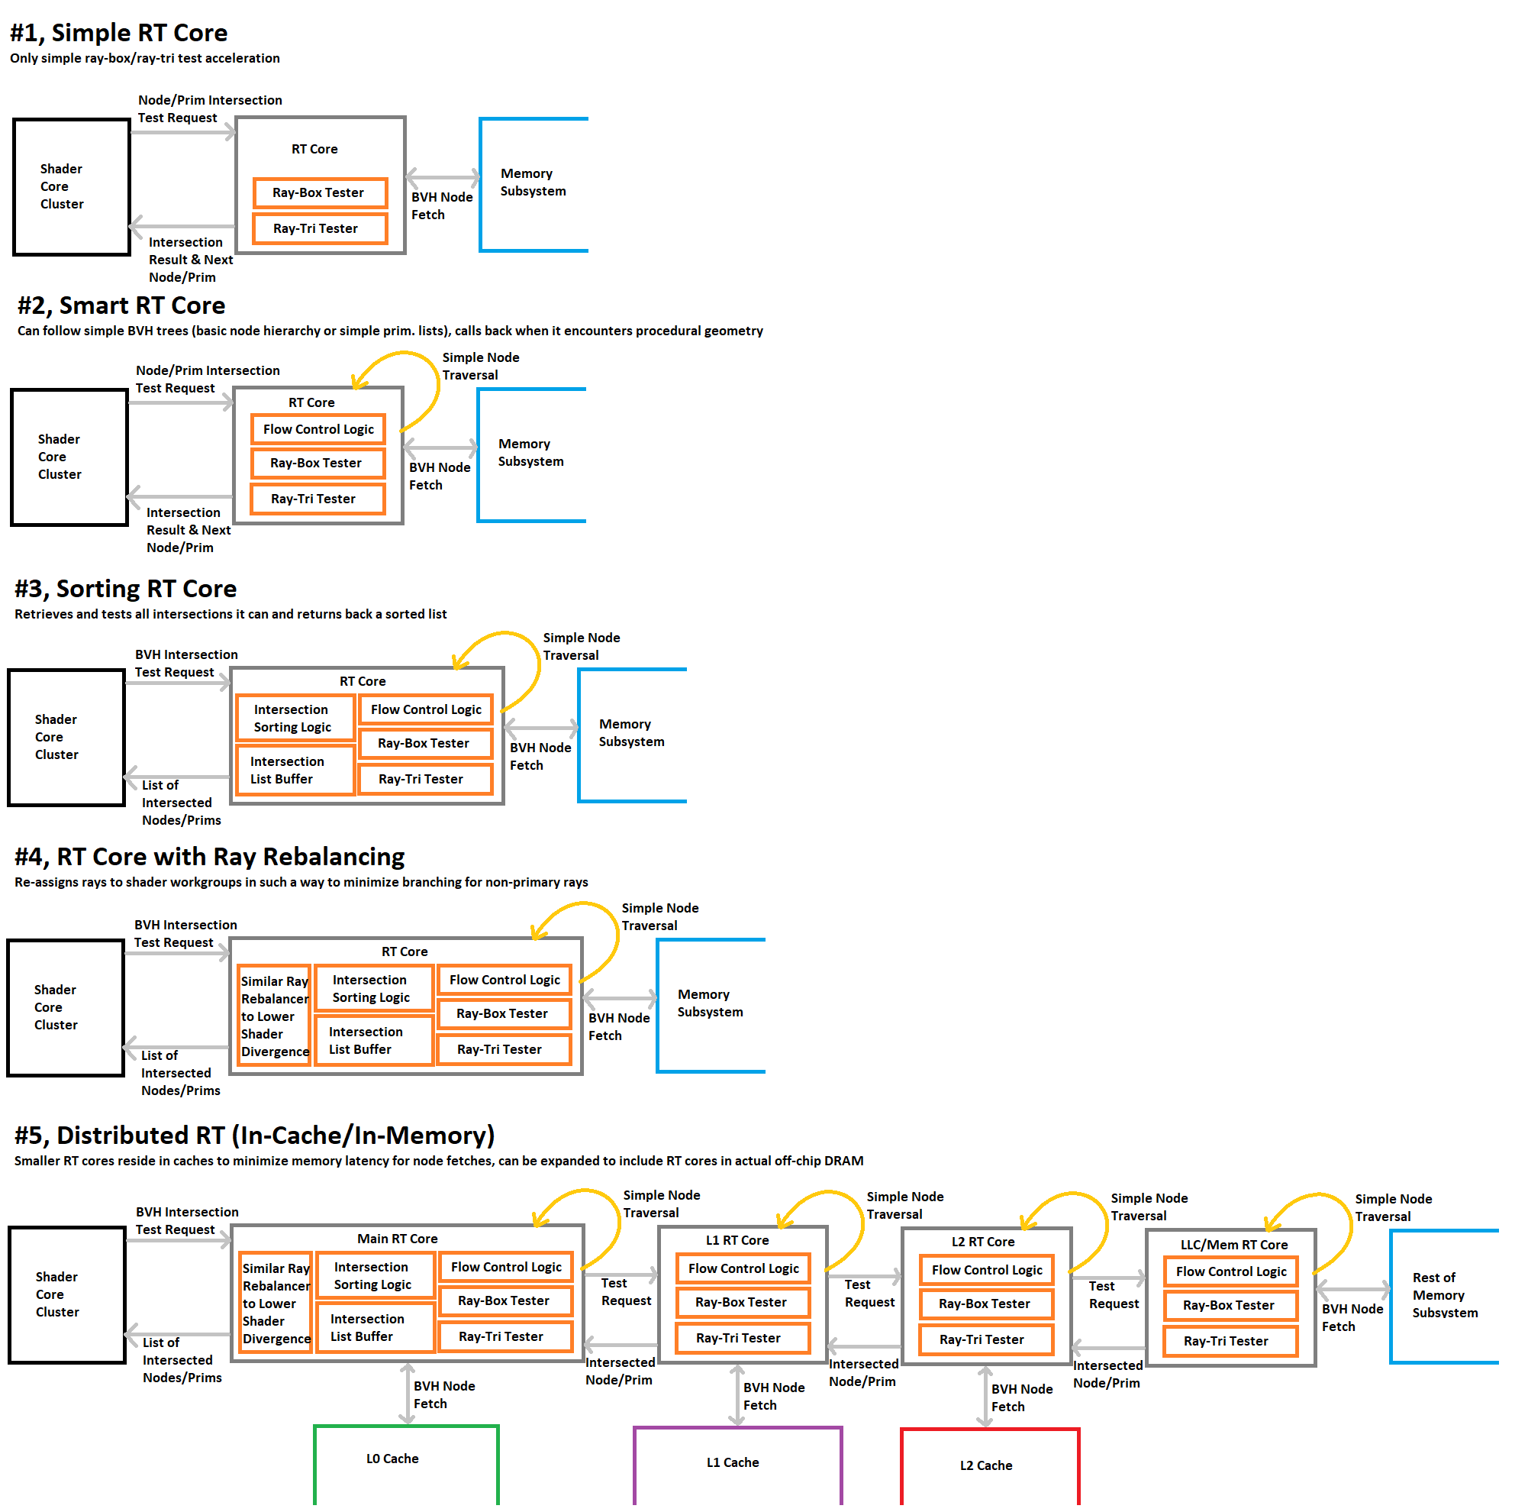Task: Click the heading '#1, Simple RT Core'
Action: point(118,34)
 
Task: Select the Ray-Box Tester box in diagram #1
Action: point(320,193)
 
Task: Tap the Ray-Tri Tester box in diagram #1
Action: point(320,228)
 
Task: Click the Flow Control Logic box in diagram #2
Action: point(318,430)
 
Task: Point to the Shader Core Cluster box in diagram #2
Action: point(69,457)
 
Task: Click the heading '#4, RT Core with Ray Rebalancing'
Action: point(210,858)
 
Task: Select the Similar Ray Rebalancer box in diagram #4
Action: point(275,1016)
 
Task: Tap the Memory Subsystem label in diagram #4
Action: point(711,1003)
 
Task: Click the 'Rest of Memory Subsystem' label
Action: point(1445,1295)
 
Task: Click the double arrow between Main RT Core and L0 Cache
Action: point(407,1394)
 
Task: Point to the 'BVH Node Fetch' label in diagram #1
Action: point(441,206)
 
